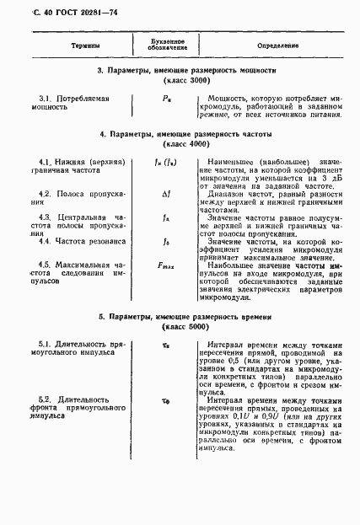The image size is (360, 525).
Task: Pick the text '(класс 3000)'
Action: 180,82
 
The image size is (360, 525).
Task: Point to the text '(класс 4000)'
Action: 180,144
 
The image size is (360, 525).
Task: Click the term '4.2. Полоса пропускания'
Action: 76,198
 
